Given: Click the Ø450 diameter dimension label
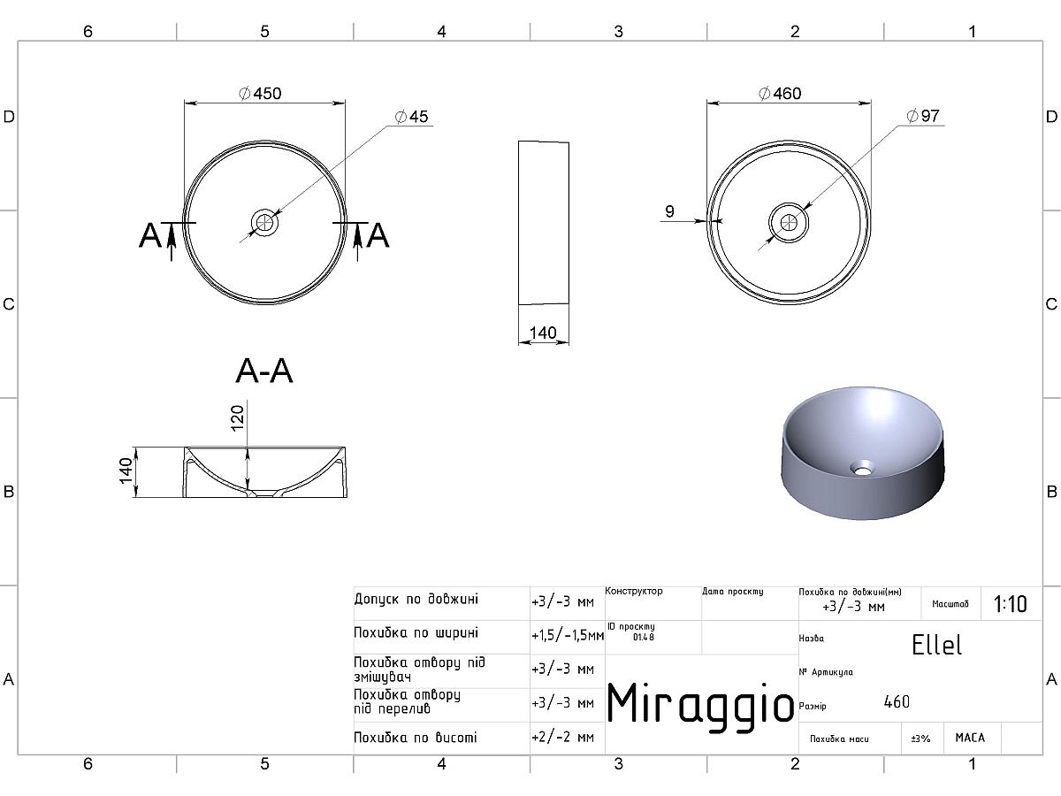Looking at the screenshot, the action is [260, 93].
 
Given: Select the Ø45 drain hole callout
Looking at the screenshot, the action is [411, 117].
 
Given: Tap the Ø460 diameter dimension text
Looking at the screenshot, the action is [780, 93].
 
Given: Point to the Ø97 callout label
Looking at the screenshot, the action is [923, 116].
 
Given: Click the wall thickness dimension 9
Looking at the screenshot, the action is [669, 211].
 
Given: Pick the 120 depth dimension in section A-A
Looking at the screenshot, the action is [237, 418].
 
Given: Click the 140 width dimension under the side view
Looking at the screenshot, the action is [543, 333].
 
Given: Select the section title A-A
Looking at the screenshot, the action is [263, 371].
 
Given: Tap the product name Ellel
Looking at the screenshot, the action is [936, 645].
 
